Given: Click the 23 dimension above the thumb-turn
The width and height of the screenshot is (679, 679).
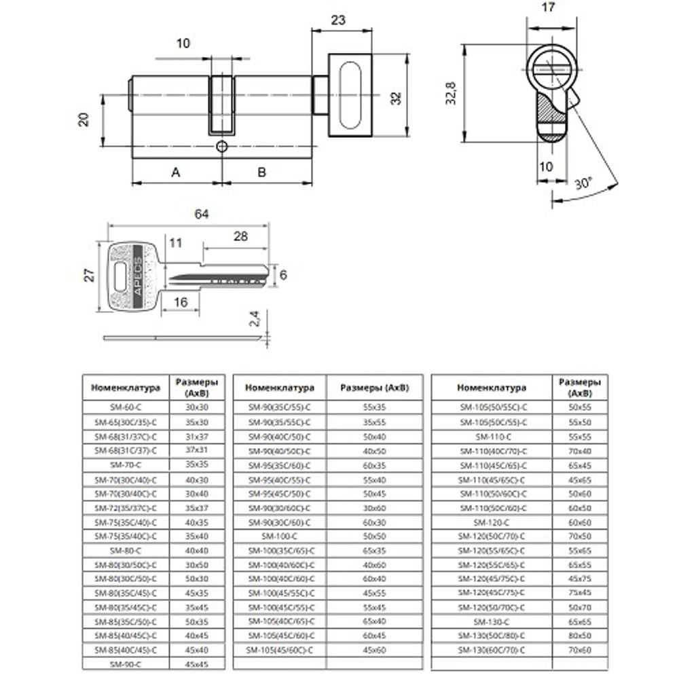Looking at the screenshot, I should tap(337, 20).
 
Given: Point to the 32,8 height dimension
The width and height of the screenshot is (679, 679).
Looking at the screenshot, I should tap(451, 92).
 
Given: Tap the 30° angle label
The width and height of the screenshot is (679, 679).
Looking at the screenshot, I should tap(583, 183).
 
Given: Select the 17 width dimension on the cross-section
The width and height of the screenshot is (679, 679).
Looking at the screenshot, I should tap(550, 8).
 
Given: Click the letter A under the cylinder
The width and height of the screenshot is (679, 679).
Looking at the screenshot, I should tap(175, 172).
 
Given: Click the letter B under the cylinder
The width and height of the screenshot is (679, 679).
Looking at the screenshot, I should tap(262, 172).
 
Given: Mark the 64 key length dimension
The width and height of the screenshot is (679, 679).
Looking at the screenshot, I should tap(201, 214).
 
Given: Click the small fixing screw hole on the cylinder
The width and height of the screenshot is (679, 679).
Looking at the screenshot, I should tap(221, 146).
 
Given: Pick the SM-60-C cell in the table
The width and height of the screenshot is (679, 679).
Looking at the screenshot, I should tap(124, 407).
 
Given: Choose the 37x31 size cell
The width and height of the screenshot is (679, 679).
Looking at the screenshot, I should tap(196, 450).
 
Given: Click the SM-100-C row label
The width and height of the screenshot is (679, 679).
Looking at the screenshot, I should tap(279, 536).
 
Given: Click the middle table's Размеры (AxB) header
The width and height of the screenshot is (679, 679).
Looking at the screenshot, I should tap(375, 388).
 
